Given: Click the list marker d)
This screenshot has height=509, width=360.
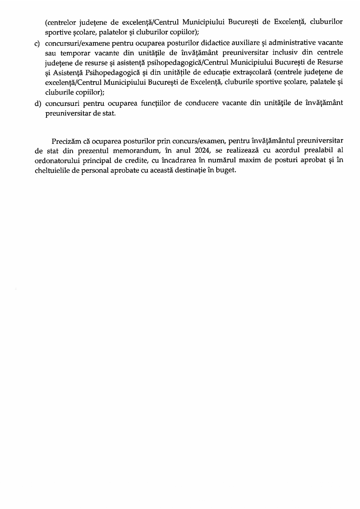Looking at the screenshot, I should (x=37, y=104).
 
